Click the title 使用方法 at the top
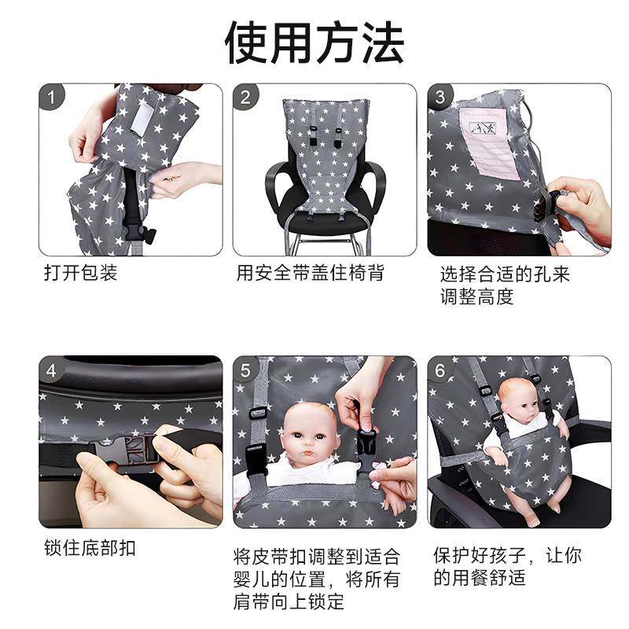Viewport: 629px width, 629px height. click(x=314, y=43)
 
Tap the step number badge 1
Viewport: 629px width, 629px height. click(x=53, y=98)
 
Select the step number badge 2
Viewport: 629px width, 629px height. click(x=247, y=98)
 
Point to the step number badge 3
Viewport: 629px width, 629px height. click(x=441, y=98)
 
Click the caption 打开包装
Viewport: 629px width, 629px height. click(x=80, y=274)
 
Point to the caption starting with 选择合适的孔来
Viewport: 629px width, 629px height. click(x=504, y=285)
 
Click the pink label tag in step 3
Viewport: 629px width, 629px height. click(x=492, y=142)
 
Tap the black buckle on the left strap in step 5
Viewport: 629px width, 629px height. click(x=256, y=459)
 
